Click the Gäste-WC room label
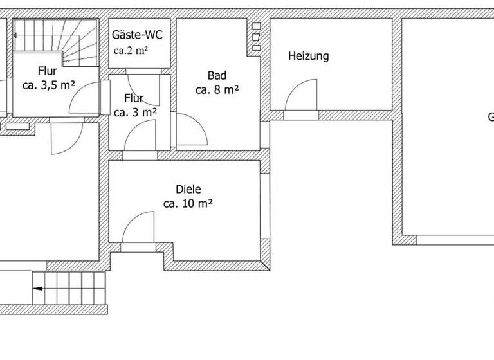coord(136,35)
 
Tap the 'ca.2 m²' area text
coord(131,51)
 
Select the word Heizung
coord(308,57)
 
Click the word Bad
coord(217,76)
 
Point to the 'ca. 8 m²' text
coord(217,90)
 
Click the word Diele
coord(188,190)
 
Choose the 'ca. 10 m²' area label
coord(188,204)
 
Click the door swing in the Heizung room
coord(301,96)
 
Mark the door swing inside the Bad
coord(191,130)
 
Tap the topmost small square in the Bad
coord(256,26)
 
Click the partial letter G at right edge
coord(490,117)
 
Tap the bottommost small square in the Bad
coord(256,46)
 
